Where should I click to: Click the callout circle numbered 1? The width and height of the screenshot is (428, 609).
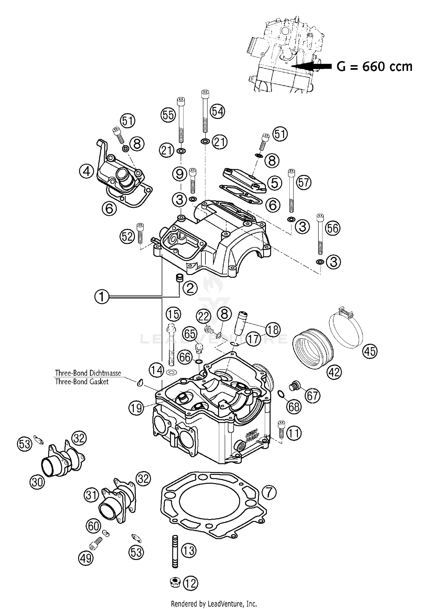(102, 297)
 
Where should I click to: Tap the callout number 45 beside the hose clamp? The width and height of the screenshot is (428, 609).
(370, 351)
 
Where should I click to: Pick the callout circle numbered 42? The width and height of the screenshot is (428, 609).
(334, 372)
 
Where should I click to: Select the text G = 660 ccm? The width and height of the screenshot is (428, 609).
(374, 67)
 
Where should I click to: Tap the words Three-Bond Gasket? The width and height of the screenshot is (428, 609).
(82, 382)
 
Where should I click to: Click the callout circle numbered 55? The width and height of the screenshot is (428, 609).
(168, 115)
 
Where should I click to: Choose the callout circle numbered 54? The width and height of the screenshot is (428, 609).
(217, 112)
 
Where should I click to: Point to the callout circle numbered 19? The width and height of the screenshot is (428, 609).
(136, 408)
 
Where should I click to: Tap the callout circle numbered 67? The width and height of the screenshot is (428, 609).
(312, 395)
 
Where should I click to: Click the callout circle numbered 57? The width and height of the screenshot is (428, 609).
(304, 182)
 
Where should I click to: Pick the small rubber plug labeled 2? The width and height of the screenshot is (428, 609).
(179, 279)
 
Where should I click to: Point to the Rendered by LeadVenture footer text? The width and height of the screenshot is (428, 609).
(214, 603)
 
